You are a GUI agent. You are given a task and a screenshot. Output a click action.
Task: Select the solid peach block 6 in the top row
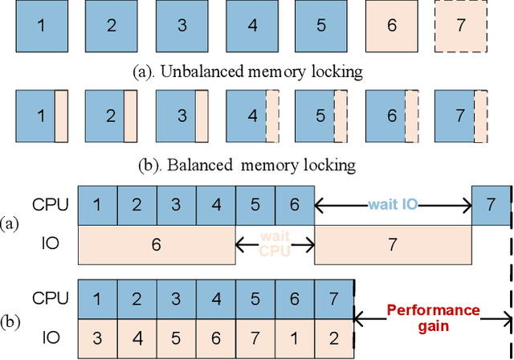click(391, 25)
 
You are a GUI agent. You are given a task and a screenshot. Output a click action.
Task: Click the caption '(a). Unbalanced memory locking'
click(247, 71)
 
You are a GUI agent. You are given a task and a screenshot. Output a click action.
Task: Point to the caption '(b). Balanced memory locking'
click(247, 166)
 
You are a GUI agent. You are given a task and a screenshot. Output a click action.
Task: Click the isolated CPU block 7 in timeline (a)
click(490, 205)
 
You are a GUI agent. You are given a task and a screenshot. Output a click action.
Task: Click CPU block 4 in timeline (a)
click(215, 205)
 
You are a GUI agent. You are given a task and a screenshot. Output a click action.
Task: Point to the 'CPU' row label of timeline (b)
click(47, 299)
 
